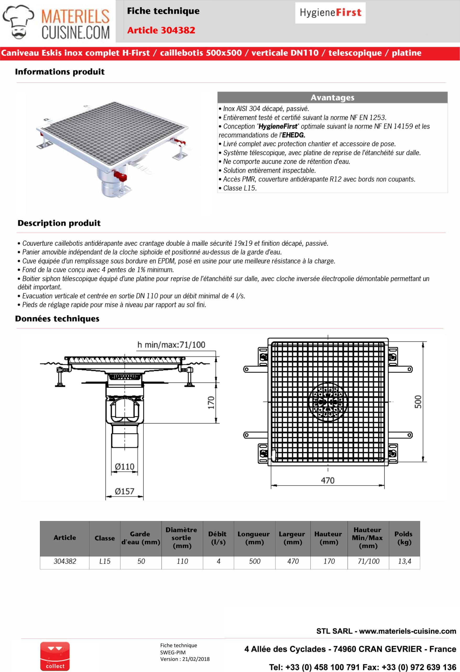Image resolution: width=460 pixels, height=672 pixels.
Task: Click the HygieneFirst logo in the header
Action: [x=330, y=13]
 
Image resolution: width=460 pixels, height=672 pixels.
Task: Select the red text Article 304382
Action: [x=161, y=30]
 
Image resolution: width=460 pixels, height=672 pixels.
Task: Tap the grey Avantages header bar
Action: [x=332, y=97]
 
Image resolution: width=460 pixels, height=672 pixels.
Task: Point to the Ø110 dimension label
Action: [x=125, y=467]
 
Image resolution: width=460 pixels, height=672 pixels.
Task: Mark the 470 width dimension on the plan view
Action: [x=327, y=480]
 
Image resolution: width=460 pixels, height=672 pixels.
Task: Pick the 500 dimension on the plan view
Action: [x=418, y=402]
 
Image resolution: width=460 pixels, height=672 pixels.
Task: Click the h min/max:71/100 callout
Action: [x=171, y=345]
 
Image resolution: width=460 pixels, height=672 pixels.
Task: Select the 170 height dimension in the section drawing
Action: [x=211, y=402]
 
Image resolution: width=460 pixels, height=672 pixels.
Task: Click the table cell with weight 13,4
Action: [x=404, y=561]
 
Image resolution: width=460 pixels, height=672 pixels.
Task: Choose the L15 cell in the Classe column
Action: [x=105, y=561]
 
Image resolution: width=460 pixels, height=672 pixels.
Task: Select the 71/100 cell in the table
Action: [x=368, y=561]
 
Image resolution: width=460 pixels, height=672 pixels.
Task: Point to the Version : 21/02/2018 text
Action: [x=185, y=659]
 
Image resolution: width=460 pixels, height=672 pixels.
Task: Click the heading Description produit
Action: [x=59, y=223]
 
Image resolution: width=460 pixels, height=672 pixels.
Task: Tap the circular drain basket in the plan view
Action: [x=327, y=402]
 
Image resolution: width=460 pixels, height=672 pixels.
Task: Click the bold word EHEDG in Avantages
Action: [x=293, y=135]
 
